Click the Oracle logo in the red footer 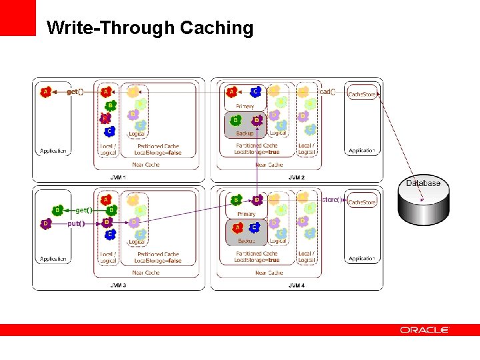(425, 329)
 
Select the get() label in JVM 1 (75, 91)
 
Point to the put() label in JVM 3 (76, 223)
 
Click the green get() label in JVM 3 (83, 210)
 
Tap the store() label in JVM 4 (331, 199)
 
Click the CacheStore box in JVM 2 (362, 95)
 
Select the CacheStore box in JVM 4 (362, 202)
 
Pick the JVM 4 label (296, 285)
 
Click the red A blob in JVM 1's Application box (45, 91)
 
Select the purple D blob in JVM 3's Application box (45, 224)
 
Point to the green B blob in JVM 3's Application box (58, 211)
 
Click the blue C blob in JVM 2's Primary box (255, 92)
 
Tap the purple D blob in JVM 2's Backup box (257, 121)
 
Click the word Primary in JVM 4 (245, 214)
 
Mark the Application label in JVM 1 (53, 151)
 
